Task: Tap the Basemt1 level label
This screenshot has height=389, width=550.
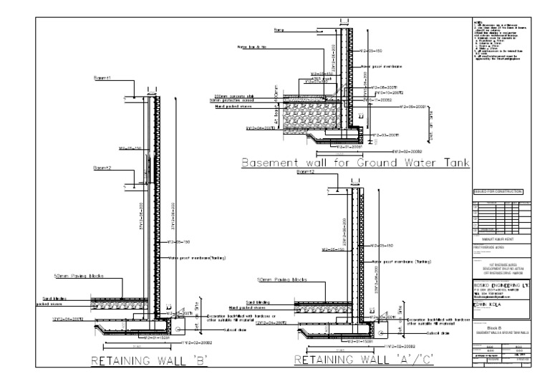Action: coord(105,77)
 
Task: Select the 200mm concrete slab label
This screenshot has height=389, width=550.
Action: coord(236,95)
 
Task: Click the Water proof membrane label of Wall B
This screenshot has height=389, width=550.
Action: coord(198,258)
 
